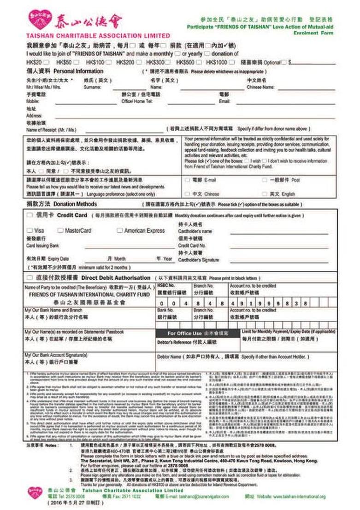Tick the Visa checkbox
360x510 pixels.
[30, 230]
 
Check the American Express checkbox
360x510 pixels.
[120, 230]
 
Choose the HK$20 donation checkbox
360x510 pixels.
[46, 62]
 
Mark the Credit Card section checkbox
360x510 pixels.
[30, 215]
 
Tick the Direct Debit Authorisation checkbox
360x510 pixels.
[30, 278]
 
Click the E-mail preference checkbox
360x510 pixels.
[187, 180]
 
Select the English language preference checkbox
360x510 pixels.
[265, 194]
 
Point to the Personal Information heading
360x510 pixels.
[78, 71]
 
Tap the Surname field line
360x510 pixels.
[130, 88]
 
